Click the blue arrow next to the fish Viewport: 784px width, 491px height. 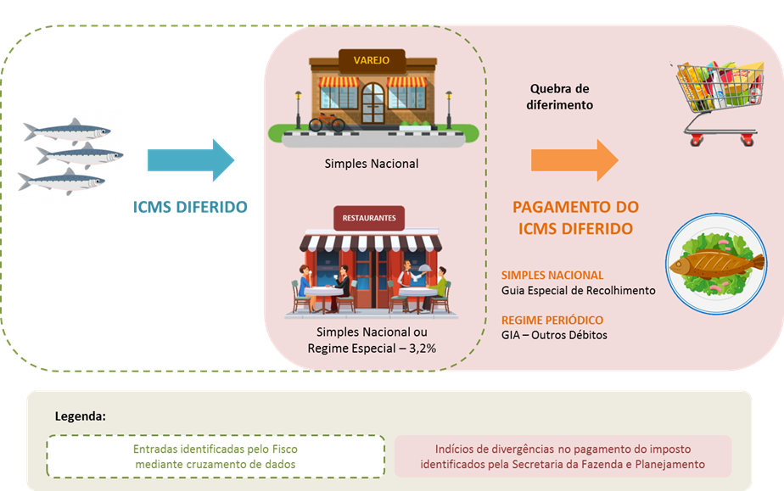tap(191, 159)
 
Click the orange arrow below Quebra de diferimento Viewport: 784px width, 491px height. tap(574, 159)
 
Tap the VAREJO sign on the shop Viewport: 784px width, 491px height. tap(372, 60)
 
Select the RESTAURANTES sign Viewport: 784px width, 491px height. tap(369, 218)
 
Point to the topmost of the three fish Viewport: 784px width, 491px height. tap(67, 131)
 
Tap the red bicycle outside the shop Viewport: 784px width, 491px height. tap(327, 122)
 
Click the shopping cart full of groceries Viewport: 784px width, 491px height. tap(718, 103)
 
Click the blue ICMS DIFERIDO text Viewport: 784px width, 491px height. tap(190, 207)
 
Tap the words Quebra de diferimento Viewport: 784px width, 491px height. tap(559, 97)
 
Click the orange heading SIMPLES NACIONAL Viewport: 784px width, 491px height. tap(552, 276)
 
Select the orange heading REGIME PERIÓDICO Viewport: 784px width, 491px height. tap(552, 321)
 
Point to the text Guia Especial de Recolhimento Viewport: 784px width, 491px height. tap(578, 291)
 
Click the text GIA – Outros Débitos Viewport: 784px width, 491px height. tap(554, 335)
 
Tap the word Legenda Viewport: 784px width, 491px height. tap(80, 416)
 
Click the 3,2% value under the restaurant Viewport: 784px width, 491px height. tap(423, 349)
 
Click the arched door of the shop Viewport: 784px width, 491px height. tap(373, 103)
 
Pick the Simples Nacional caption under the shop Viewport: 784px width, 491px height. tap(372, 164)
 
